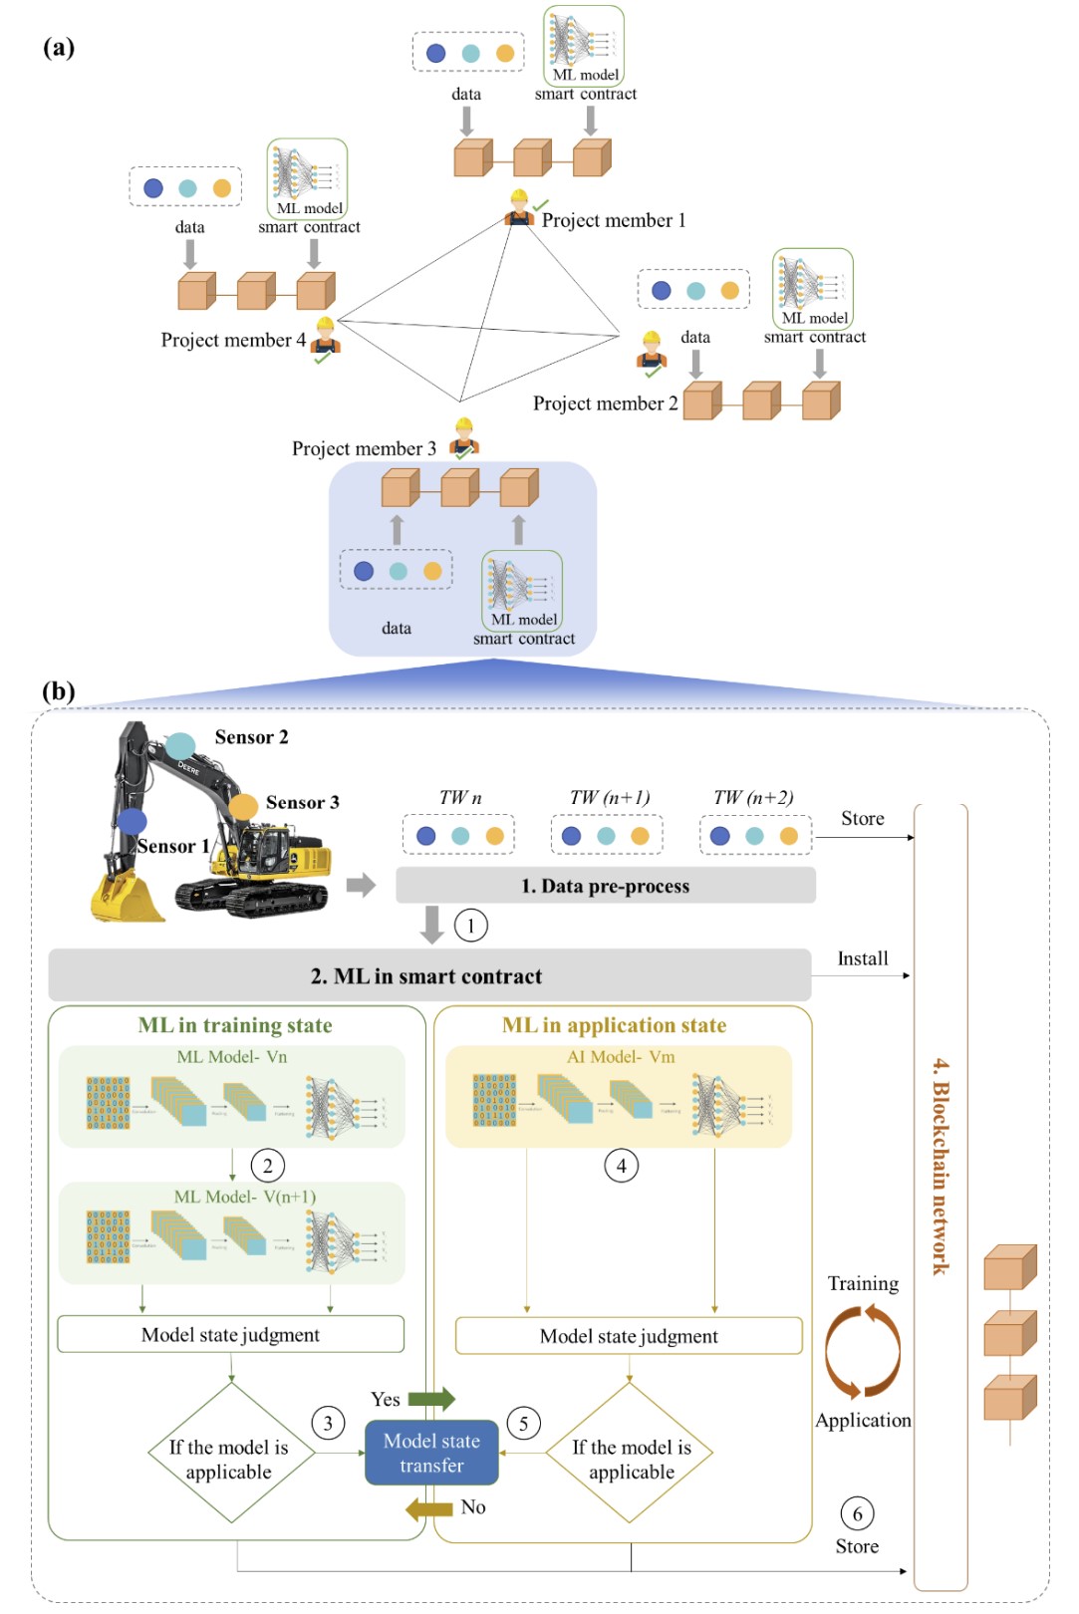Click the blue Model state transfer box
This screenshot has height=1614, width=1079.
tap(431, 1453)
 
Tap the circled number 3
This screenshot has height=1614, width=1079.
tap(328, 1423)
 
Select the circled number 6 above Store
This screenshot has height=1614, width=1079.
tap(857, 1514)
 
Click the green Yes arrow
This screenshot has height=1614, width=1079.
tap(431, 1399)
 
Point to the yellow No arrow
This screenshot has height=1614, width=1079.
tap(429, 1508)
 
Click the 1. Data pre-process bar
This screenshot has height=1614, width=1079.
tap(605, 886)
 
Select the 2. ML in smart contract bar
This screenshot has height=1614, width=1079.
tap(428, 975)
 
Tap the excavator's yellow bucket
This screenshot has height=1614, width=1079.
tap(126, 899)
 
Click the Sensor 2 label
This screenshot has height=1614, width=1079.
tap(251, 737)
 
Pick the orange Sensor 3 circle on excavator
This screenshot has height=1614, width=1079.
tap(243, 806)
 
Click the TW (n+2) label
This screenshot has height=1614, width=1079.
tap(753, 797)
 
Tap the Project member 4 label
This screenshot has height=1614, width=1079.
tap(233, 340)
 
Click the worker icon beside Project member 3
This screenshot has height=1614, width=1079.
tap(463, 437)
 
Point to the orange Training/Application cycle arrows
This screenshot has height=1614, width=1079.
tap(863, 1352)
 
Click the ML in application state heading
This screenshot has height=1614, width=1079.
tap(614, 1025)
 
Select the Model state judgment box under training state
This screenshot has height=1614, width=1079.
tap(230, 1335)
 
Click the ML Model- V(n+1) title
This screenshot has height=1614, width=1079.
tap(245, 1197)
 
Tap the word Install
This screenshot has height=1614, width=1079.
tap(862, 958)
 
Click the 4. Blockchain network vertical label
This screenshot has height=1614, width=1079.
tap(941, 1166)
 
